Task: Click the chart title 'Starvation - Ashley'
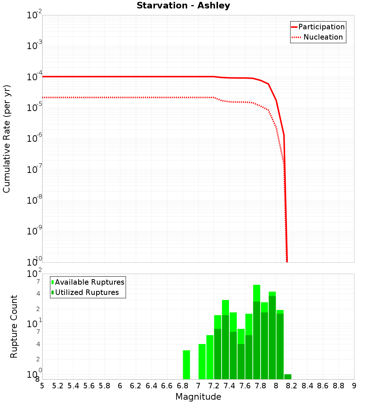click(x=183, y=6)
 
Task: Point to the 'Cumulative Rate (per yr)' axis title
click(x=7, y=139)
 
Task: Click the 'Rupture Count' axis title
click(x=14, y=326)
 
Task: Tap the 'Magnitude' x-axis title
click(x=198, y=397)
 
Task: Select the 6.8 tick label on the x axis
click(x=182, y=386)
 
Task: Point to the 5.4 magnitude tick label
click(x=73, y=386)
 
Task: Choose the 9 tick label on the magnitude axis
click(x=354, y=386)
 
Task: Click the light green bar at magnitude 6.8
click(x=186, y=365)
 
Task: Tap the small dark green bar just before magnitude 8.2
click(x=288, y=377)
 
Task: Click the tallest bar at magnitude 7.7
click(x=257, y=293)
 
